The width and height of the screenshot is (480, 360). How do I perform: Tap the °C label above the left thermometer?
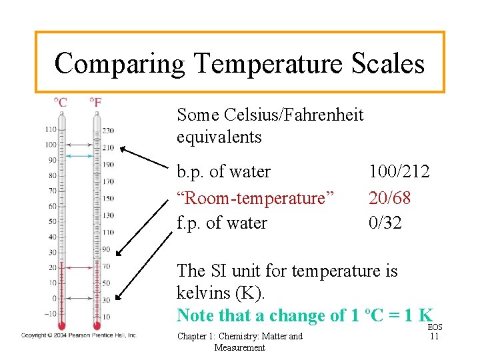click(x=60, y=103)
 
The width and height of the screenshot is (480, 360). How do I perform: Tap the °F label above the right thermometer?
click(x=96, y=103)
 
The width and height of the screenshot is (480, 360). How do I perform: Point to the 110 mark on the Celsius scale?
click(x=51, y=129)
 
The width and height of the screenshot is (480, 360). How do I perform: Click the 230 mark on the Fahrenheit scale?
click(x=108, y=131)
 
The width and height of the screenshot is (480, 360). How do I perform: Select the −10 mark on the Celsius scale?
click(x=49, y=313)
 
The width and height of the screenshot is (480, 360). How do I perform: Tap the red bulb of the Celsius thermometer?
click(x=61, y=326)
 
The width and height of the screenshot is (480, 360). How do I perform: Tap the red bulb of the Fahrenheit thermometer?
click(x=97, y=326)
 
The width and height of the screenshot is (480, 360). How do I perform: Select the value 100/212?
click(x=399, y=172)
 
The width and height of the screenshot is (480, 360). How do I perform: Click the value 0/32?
click(x=385, y=223)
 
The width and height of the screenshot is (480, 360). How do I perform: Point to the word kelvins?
click(x=203, y=293)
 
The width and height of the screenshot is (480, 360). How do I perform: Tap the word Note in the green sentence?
click(x=195, y=315)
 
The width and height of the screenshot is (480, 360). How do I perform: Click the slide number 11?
click(x=434, y=337)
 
